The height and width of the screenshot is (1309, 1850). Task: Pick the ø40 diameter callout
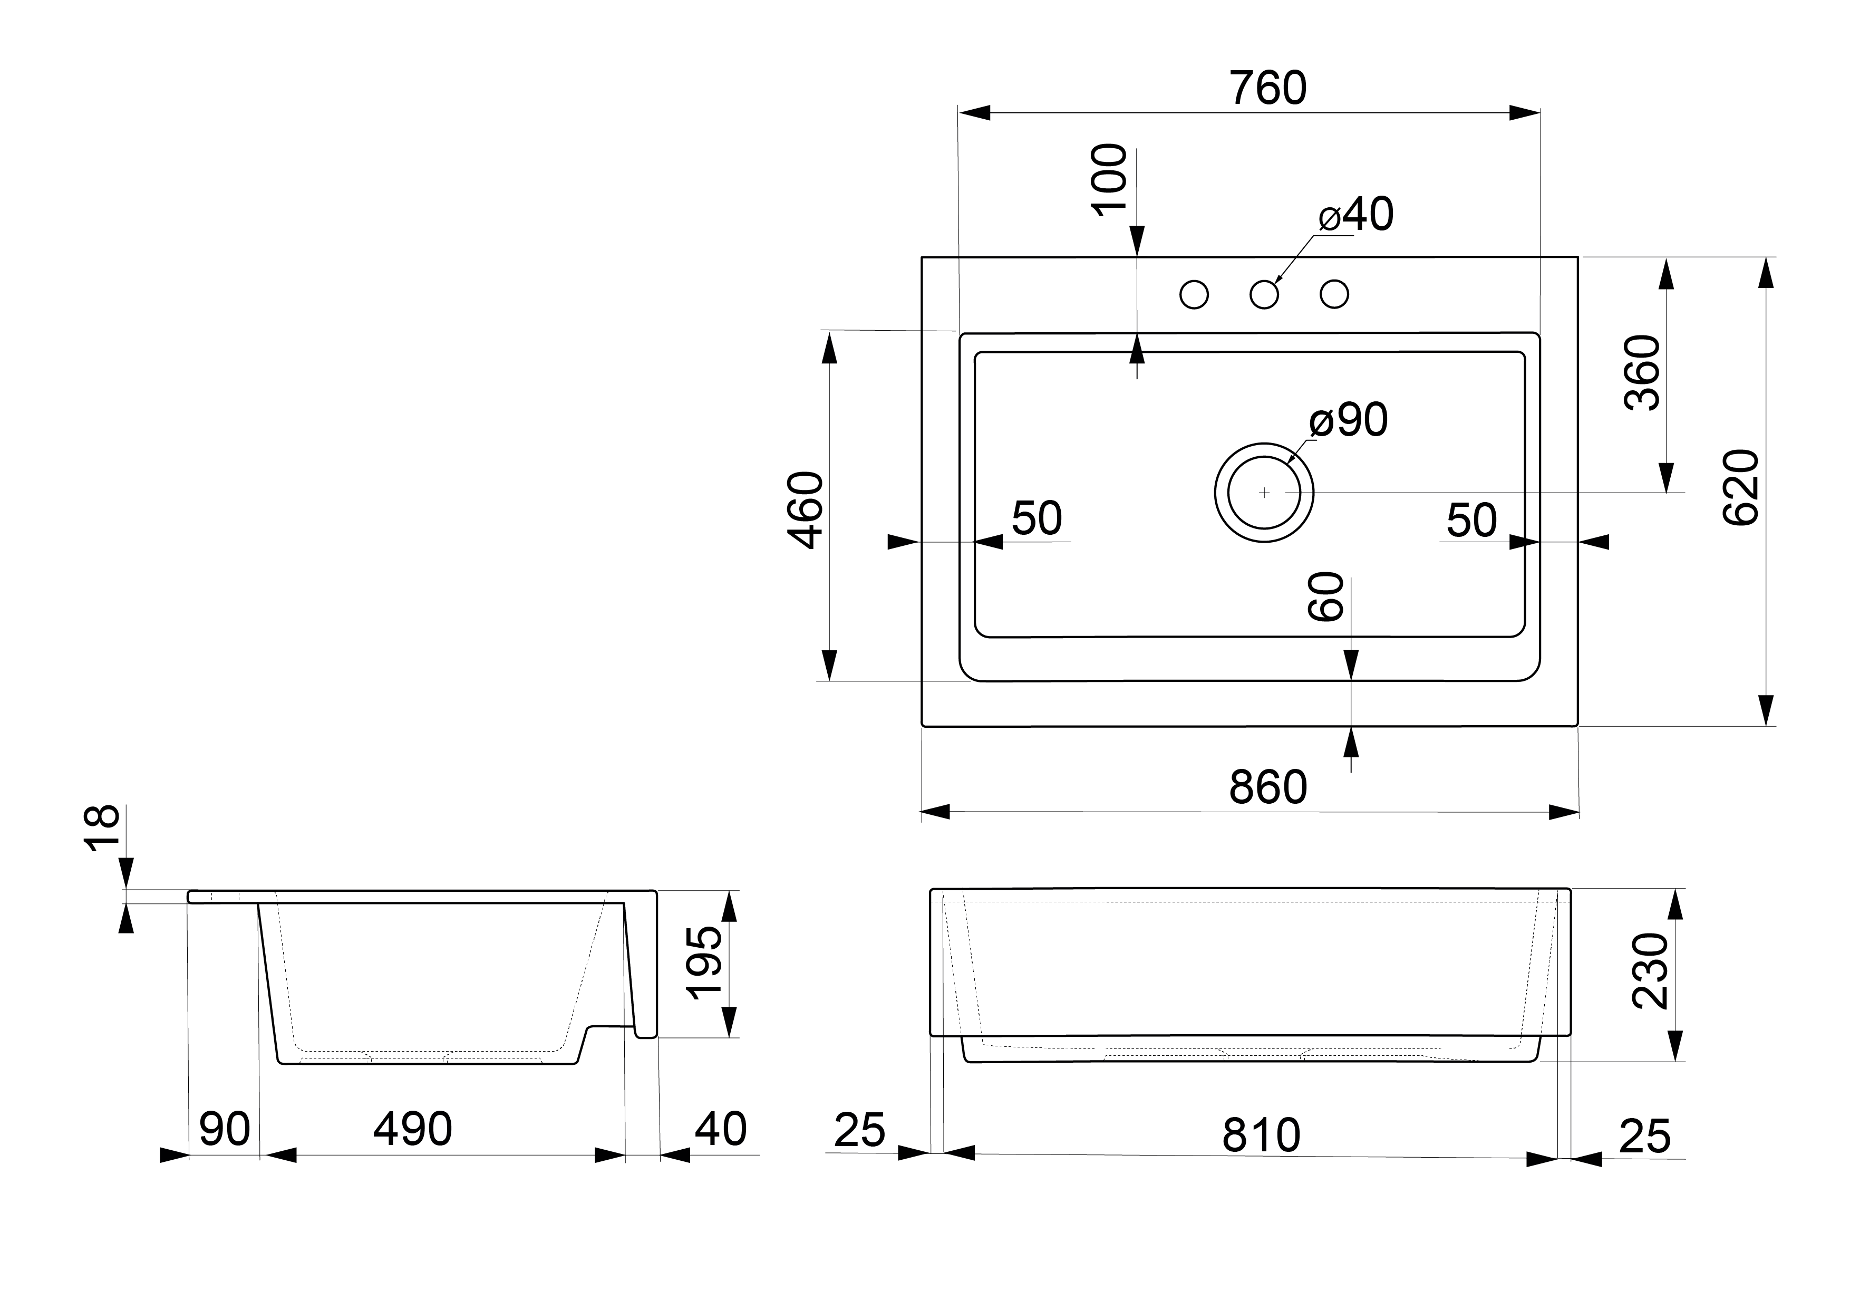coord(1356,215)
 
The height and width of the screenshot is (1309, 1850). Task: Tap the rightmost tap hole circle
coord(1334,295)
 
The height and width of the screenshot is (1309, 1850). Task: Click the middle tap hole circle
coord(1264,295)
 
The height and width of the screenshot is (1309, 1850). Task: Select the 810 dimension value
coord(1261,1135)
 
